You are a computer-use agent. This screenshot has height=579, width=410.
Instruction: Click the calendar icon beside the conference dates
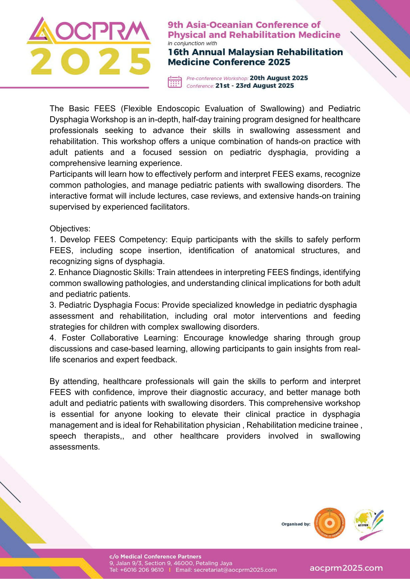(175, 82)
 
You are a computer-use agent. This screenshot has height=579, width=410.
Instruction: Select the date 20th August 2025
(279, 78)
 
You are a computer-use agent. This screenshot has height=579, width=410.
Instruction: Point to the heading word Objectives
(70, 228)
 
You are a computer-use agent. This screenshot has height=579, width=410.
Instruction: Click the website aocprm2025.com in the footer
(346, 568)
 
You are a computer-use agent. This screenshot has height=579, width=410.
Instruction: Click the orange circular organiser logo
(329, 523)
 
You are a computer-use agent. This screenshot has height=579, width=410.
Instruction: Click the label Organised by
(296, 524)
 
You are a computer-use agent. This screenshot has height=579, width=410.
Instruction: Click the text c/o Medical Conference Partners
(155, 556)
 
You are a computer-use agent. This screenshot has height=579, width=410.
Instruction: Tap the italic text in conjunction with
(192, 43)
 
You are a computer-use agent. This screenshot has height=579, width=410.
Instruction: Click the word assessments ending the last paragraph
(74, 447)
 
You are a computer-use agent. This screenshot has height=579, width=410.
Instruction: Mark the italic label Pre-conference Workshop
(217, 78)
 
